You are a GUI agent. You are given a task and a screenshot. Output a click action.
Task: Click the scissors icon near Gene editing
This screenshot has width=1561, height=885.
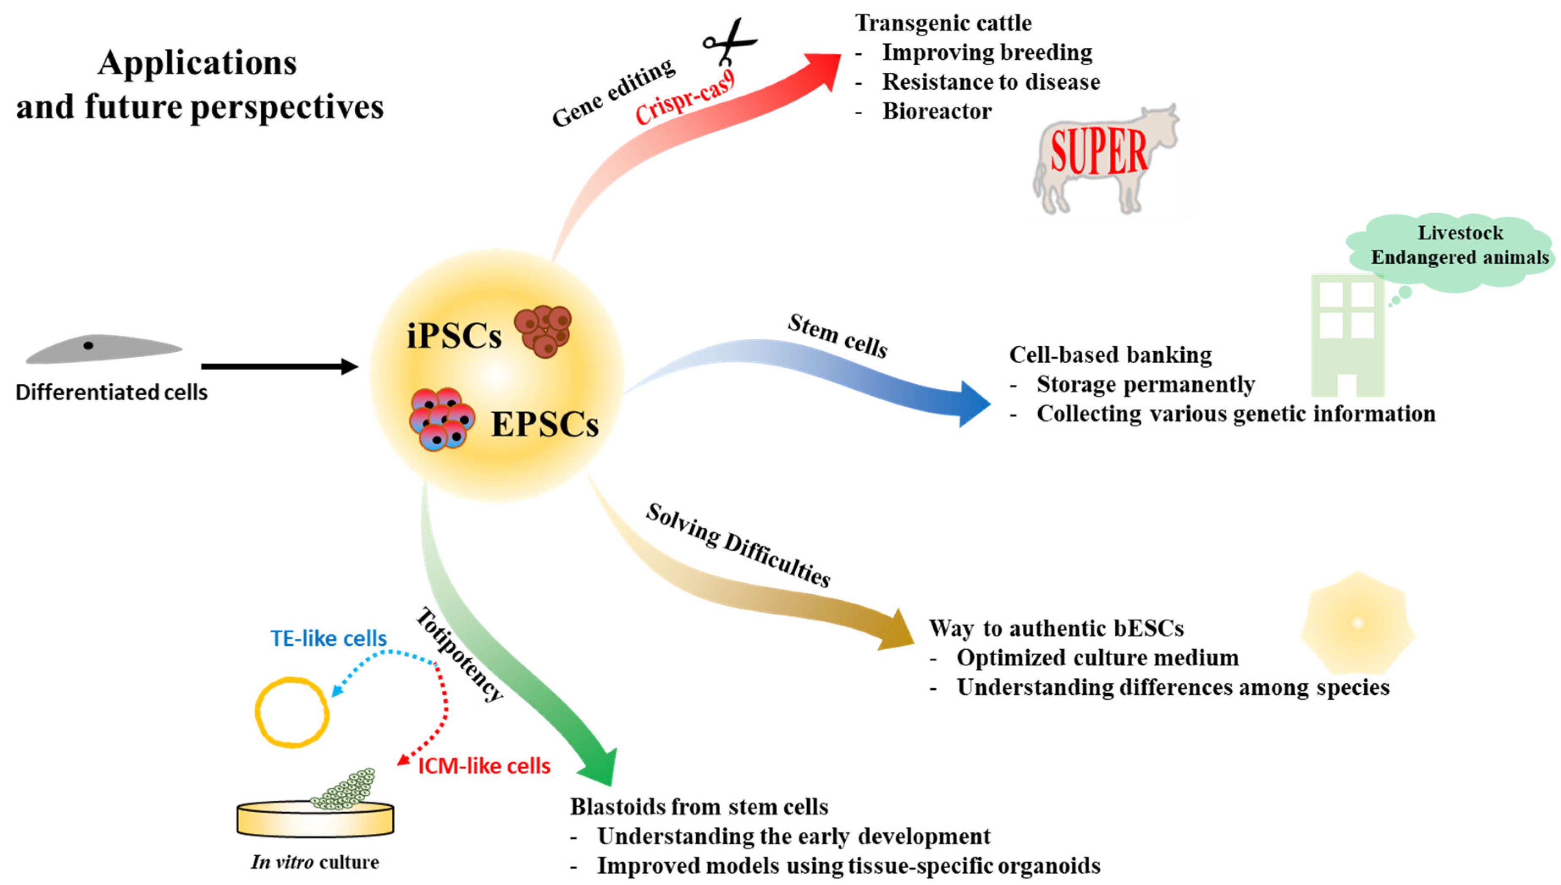point(729,41)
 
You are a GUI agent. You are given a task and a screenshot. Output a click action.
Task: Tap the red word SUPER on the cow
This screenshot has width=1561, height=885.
point(1099,152)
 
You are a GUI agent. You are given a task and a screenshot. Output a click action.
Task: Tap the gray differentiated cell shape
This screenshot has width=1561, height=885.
point(103,349)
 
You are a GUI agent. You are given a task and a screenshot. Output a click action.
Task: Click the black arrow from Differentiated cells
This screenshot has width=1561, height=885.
point(280,366)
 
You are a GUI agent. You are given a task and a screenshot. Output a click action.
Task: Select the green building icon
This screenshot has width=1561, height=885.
point(1347,334)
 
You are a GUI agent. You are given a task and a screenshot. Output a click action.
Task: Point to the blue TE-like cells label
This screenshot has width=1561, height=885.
point(328,638)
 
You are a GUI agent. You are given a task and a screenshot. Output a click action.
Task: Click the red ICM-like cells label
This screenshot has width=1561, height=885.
point(484,766)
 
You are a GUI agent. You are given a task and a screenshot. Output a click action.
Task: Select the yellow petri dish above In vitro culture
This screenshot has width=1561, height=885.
point(315,819)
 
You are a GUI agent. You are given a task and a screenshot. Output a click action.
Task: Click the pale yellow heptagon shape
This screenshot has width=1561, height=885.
point(1357,623)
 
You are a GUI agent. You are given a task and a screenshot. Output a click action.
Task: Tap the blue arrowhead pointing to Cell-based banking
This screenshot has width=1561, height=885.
point(973,404)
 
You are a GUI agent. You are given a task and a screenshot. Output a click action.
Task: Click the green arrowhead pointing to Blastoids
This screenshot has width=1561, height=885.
point(599,767)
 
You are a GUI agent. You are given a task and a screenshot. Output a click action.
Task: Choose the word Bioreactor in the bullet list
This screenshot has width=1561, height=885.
point(937,111)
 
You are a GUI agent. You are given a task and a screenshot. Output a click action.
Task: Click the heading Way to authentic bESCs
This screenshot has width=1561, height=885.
point(1056,628)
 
